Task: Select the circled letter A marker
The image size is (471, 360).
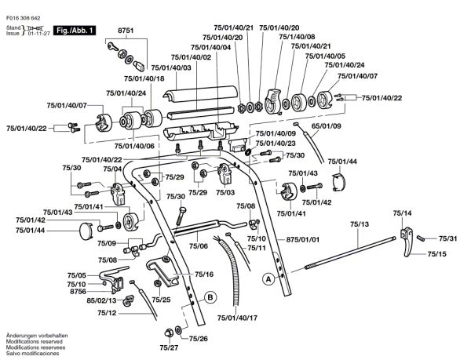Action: point(268,278)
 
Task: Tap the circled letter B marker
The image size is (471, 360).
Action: point(210,296)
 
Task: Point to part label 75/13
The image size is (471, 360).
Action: point(360,225)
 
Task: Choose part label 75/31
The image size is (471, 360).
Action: point(448,238)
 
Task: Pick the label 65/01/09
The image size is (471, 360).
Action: point(326,125)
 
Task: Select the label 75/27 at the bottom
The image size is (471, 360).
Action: point(169,347)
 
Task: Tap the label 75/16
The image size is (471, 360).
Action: point(183,275)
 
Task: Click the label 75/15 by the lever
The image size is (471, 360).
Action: point(436,254)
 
